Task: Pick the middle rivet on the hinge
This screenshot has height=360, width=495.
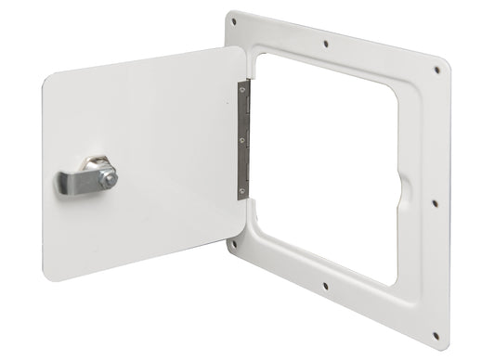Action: coord(241,141)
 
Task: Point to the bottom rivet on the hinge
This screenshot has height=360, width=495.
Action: coord(241,190)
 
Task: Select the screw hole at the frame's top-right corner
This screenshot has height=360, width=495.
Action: coord(436,69)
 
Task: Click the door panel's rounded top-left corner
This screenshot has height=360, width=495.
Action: coord(53,80)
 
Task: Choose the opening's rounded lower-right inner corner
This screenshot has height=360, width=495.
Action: coord(392,278)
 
